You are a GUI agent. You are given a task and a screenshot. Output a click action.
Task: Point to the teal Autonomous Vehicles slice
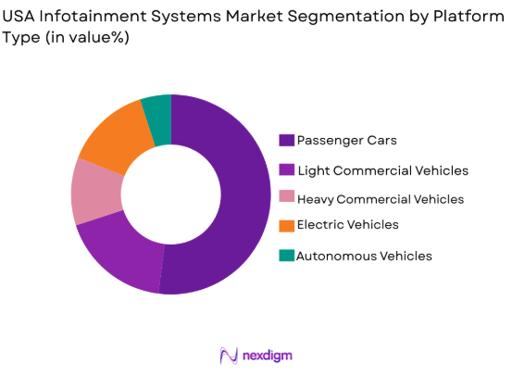(x=158, y=108)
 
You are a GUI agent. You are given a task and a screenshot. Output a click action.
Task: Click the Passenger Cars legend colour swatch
(x=287, y=141)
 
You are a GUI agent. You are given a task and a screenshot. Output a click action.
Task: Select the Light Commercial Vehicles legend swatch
(x=287, y=170)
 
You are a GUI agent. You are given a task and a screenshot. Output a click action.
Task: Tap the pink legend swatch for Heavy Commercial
(x=287, y=198)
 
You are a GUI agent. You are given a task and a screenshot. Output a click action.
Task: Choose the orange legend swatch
(x=287, y=225)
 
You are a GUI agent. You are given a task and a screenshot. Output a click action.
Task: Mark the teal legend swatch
(x=287, y=255)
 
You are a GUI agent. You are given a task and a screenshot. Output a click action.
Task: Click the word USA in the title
(x=20, y=16)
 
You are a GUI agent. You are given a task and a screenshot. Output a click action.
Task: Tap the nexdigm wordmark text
(x=268, y=356)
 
